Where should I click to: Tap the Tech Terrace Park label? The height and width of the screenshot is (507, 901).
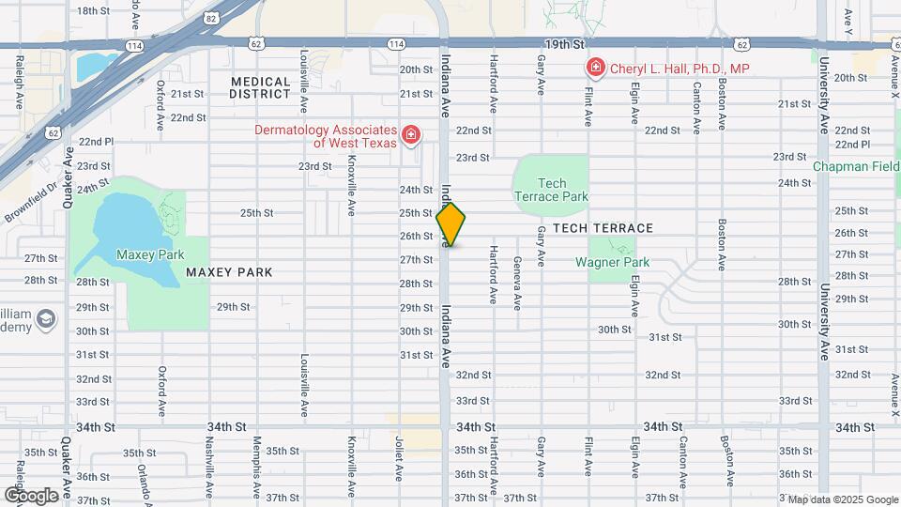[551, 190]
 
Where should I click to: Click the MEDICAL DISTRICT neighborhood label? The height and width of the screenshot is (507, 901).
[261, 87]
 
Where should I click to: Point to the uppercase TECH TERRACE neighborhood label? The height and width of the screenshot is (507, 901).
[603, 228]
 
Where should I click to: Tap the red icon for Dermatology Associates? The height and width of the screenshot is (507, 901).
[409, 137]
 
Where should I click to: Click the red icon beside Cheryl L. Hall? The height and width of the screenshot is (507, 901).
[595, 68]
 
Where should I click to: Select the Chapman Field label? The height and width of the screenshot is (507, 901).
[856, 166]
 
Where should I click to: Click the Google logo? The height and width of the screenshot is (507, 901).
[30, 495]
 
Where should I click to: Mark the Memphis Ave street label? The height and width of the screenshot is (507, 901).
[255, 457]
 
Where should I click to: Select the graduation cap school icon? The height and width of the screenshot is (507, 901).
[44, 321]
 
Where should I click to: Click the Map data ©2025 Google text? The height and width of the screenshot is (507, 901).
[841, 499]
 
